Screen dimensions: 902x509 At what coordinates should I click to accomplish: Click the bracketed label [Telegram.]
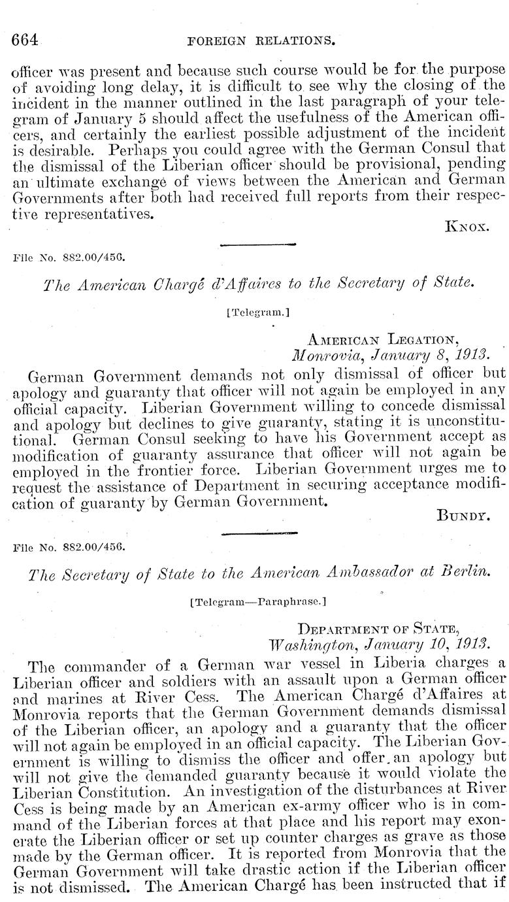(x=257, y=312)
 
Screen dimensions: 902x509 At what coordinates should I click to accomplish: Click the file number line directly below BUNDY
(x=61, y=544)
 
